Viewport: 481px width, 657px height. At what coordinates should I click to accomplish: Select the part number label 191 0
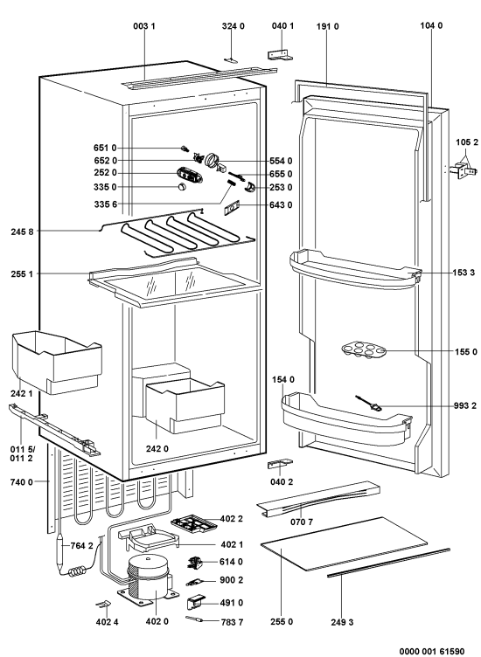(x=327, y=27)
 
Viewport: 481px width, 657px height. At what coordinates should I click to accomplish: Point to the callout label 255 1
(x=22, y=274)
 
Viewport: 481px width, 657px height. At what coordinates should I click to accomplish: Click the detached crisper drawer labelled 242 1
(x=57, y=363)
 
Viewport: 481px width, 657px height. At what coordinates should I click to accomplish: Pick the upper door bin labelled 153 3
(x=356, y=271)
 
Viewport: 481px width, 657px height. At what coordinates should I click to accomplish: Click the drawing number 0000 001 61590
(x=432, y=651)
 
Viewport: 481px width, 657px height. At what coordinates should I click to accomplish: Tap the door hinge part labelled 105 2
(x=464, y=170)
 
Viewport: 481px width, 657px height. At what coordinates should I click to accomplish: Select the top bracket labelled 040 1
(x=280, y=56)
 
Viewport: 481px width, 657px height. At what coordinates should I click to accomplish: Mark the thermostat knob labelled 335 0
(x=181, y=187)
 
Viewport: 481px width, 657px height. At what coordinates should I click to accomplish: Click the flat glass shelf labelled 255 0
(x=344, y=544)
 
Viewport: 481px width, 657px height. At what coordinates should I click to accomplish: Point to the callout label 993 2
(x=465, y=405)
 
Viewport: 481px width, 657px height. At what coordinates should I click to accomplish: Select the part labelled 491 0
(x=195, y=602)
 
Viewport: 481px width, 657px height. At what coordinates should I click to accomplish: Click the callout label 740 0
(x=21, y=482)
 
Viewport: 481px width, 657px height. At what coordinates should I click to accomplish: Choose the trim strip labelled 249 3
(x=388, y=563)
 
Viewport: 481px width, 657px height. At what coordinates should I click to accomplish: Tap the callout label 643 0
(x=281, y=205)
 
